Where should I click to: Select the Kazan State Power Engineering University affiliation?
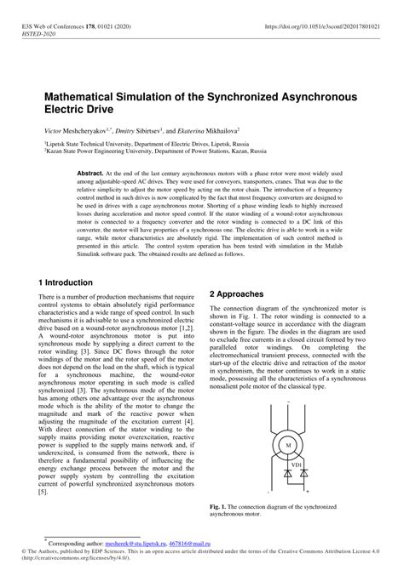pyautogui.click(x=142, y=153)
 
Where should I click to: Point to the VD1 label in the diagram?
pyautogui.click(x=297, y=465)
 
